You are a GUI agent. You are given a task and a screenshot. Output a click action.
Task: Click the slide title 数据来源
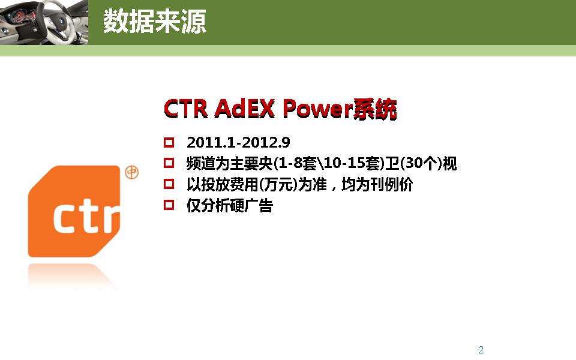pyautogui.click(x=154, y=22)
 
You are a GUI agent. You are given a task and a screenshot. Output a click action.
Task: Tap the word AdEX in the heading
pyautogui.click(x=244, y=109)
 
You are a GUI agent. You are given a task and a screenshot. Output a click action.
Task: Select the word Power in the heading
pyautogui.click(x=316, y=109)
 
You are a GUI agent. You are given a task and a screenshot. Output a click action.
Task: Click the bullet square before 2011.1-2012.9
pyautogui.click(x=169, y=143)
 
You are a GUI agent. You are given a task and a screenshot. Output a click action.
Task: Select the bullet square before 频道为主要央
pyautogui.click(x=169, y=163)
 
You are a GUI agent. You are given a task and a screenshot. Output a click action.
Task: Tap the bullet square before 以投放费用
pyautogui.click(x=169, y=184)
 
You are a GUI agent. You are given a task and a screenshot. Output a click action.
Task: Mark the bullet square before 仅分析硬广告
pyautogui.click(x=169, y=205)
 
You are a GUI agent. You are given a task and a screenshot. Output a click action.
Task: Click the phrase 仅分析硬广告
pyautogui.click(x=230, y=206)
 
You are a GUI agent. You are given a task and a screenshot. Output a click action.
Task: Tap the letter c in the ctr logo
pyautogui.click(x=67, y=217)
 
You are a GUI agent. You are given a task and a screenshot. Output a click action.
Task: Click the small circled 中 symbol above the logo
pyautogui.click(x=131, y=173)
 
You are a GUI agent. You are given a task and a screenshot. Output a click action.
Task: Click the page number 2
pyautogui.click(x=481, y=350)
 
